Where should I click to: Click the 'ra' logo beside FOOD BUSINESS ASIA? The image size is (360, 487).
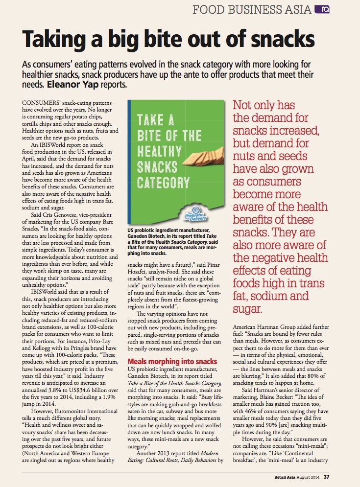pyautogui.click(x=322, y=9)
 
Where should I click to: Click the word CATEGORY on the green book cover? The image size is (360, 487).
pyautogui.click(x=164, y=184)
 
